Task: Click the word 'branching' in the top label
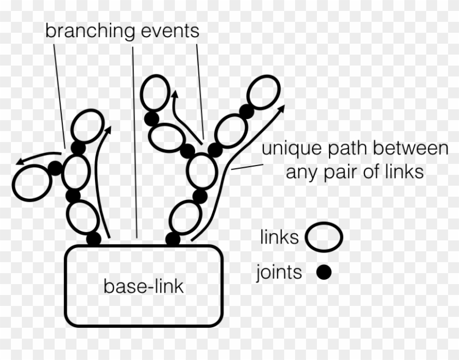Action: point(90,31)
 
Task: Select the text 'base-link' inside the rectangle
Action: point(144,286)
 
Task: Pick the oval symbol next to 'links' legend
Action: point(323,238)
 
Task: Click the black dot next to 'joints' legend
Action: point(324,272)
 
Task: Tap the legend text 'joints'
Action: point(279,272)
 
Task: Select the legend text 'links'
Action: point(279,238)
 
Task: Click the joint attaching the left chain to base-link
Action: point(93,239)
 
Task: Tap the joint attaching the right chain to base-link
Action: point(173,239)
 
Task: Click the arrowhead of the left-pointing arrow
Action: point(20,162)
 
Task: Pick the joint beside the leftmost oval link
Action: point(55,168)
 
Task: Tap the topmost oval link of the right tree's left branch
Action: point(154,92)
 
